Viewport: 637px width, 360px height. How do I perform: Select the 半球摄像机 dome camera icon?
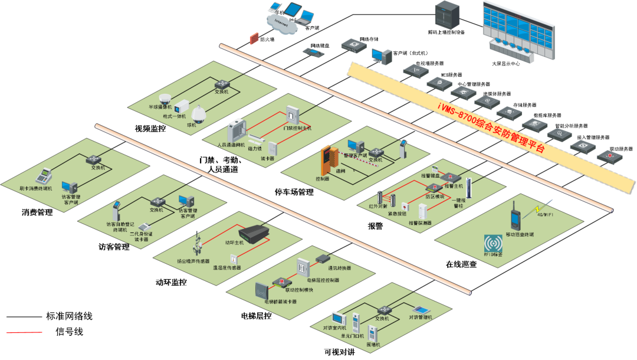(165, 99)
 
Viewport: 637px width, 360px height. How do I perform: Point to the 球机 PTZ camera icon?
(197, 113)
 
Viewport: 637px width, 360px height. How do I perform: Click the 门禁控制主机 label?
(297, 128)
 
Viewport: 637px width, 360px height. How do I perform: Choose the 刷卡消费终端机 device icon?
(43, 176)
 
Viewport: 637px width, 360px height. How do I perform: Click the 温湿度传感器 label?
(227, 267)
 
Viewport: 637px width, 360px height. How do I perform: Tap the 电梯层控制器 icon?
(303, 267)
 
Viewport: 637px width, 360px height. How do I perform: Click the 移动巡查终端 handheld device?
(515, 216)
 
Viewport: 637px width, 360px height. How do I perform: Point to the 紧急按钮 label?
(398, 214)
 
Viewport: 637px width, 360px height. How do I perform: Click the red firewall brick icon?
(254, 38)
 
